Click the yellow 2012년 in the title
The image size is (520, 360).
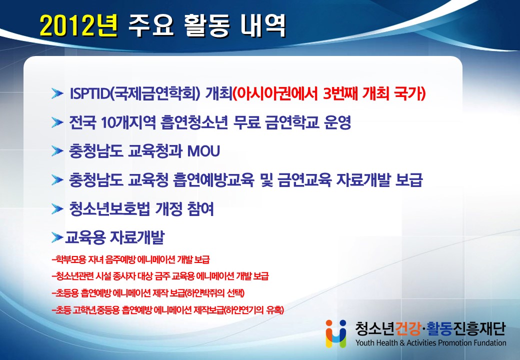coord(78,25)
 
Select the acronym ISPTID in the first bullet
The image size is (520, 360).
coord(89,94)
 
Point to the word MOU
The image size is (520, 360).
coord(203,151)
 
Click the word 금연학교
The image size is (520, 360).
coord(292,122)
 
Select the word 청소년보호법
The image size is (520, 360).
coord(109,209)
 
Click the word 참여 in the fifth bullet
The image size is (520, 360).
coord(200,209)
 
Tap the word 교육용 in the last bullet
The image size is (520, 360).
coord(85,237)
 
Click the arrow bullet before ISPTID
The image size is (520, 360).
coord(57,94)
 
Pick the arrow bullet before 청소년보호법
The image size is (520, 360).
coord(57,209)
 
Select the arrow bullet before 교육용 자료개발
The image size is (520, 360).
coord(57,237)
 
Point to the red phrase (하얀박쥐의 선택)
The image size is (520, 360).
coord(214,293)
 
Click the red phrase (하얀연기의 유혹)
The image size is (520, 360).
coord(254,310)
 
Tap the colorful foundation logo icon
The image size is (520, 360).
coord(336,333)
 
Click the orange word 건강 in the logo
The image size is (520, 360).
coord(408,328)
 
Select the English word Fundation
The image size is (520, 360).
coord(489,343)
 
